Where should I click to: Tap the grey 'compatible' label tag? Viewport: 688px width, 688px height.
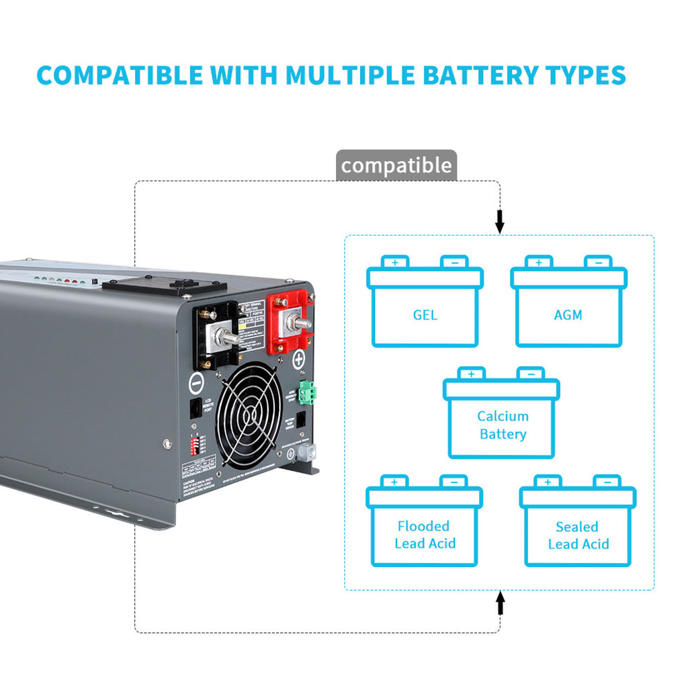tap(396, 165)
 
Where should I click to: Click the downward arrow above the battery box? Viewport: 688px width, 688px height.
tap(499, 220)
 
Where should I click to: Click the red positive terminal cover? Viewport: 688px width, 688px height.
tap(291, 323)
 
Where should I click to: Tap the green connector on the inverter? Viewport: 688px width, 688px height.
tap(308, 392)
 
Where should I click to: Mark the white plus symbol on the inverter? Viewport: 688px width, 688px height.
tap(298, 360)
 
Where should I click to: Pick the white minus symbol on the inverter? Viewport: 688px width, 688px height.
tap(196, 384)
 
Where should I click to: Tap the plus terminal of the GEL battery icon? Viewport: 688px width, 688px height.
tap(395, 262)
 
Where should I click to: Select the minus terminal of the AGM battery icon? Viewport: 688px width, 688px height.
tap(598, 262)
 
